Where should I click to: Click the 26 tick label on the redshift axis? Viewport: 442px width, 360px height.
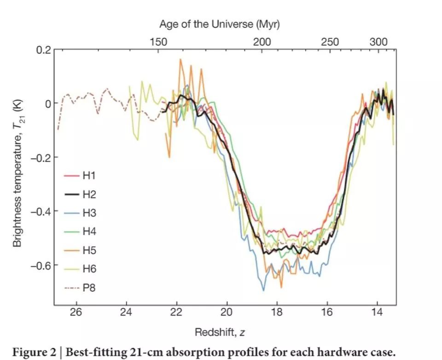[76, 312]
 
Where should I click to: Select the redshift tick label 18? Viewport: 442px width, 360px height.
[277, 312]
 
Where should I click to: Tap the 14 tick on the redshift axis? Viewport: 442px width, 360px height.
[377, 312]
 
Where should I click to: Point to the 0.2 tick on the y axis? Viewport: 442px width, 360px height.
[43, 50]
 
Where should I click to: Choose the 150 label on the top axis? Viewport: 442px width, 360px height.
[158, 42]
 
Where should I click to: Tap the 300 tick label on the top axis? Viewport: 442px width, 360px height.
[378, 42]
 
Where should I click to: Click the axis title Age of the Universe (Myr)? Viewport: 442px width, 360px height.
[220, 23]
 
